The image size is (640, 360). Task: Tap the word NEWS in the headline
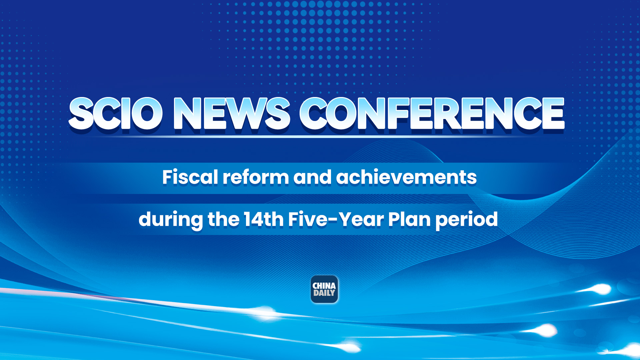pyautogui.click(x=231, y=113)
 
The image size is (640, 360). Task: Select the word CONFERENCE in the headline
pyautogui.click(x=432, y=113)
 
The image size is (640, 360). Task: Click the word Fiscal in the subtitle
pyautogui.click(x=190, y=177)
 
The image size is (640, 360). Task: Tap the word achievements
pyautogui.click(x=406, y=177)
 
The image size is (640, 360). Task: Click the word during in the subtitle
pyautogui.click(x=170, y=220)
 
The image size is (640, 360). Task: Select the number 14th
pyautogui.click(x=264, y=219)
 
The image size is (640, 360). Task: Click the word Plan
pyautogui.click(x=409, y=219)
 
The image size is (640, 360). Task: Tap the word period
pyautogui.click(x=466, y=220)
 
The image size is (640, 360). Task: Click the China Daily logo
pyautogui.click(x=324, y=289)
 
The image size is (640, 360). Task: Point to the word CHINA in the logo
pyautogui.click(x=324, y=286)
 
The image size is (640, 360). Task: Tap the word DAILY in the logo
pyautogui.click(x=324, y=293)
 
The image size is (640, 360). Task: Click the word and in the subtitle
pyautogui.click(x=312, y=177)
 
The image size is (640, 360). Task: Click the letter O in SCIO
pyautogui.click(x=147, y=113)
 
